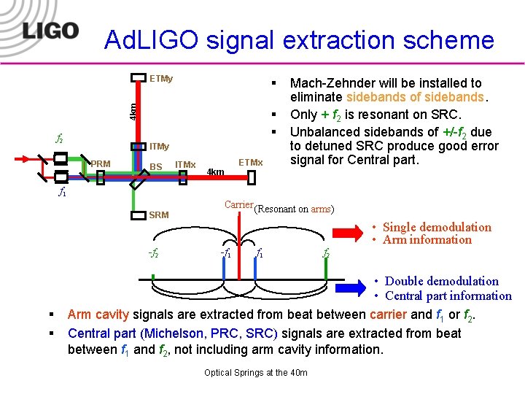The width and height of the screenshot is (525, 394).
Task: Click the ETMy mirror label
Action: pyautogui.click(x=160, y=78)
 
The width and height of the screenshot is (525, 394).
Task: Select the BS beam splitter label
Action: pyautogui.click(x=156, y=167)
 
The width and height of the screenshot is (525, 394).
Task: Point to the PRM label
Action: pyautogui.click(x=101, y=163)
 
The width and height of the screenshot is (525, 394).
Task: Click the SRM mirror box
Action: pyautogui.click(x=138, y=215)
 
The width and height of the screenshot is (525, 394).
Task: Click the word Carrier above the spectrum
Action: pyautogui.click(x=238, y=205)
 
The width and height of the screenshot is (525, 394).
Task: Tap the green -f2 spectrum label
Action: pyautogui.click(x=153, y=254)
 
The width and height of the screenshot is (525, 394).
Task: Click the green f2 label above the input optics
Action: pyautogui.click(x=59, y=138)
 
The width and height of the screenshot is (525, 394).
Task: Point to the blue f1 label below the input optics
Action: pyautogui.click(x=63, y=193)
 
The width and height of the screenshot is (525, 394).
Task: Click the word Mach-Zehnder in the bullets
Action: pyautogui.click(x=328, y=83)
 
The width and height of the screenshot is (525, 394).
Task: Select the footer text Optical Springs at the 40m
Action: pyautogui.click(x=256, y=373)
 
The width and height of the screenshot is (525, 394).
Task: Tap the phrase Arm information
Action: pyautogui.click(x=427, y=240)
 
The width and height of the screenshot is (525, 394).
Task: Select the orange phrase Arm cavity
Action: pyautogui.click(x=98, y=314)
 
